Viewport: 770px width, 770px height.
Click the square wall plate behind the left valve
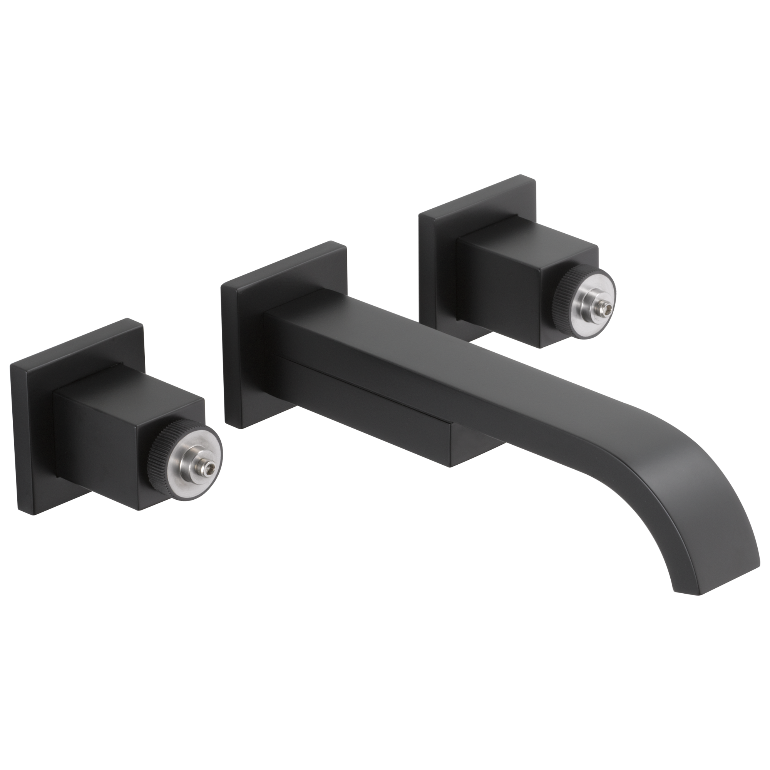pyautogui.click(x=32, y=439)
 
